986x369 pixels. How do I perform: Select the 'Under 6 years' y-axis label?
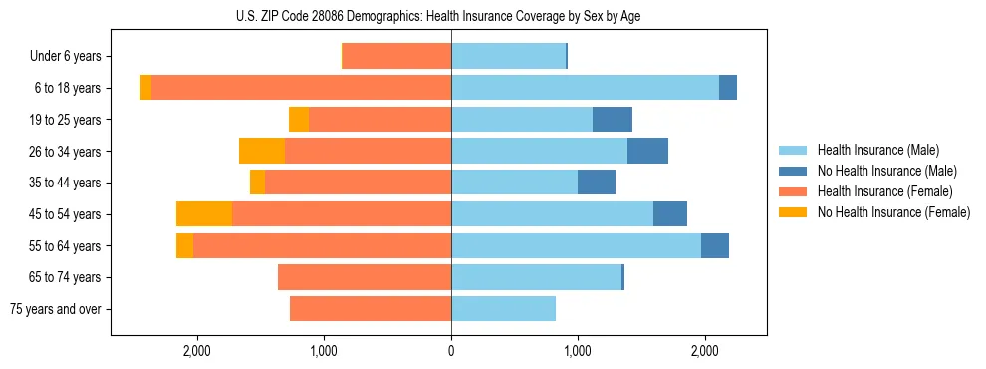(72, 57)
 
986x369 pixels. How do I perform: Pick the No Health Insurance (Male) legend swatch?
(793, 171)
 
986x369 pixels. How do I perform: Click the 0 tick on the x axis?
(451, 351)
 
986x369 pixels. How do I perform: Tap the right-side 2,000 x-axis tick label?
(704, 351)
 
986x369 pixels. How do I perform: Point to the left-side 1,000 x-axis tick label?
(324, 351)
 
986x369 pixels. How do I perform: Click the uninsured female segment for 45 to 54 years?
(204, 214)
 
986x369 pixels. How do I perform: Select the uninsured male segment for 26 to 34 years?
(647, 151)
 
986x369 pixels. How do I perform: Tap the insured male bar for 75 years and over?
(503, 309)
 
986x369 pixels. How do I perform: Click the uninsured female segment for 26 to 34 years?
(262, 151)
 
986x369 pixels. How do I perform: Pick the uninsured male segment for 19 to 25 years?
(613, 120)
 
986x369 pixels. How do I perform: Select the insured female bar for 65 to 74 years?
(365, 277)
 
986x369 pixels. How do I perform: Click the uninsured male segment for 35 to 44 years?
(597, 183)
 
